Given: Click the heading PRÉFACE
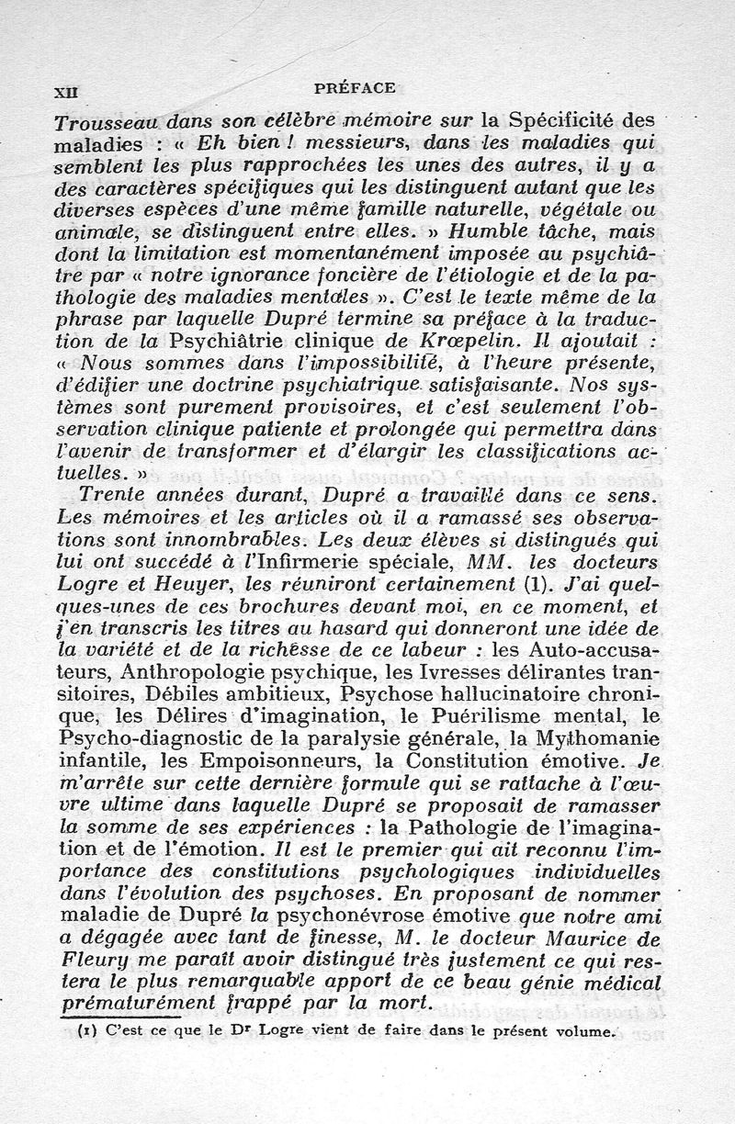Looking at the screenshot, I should point(354,88).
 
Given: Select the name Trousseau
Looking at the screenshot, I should point(107,121).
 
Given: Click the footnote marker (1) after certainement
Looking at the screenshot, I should point(530,585).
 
